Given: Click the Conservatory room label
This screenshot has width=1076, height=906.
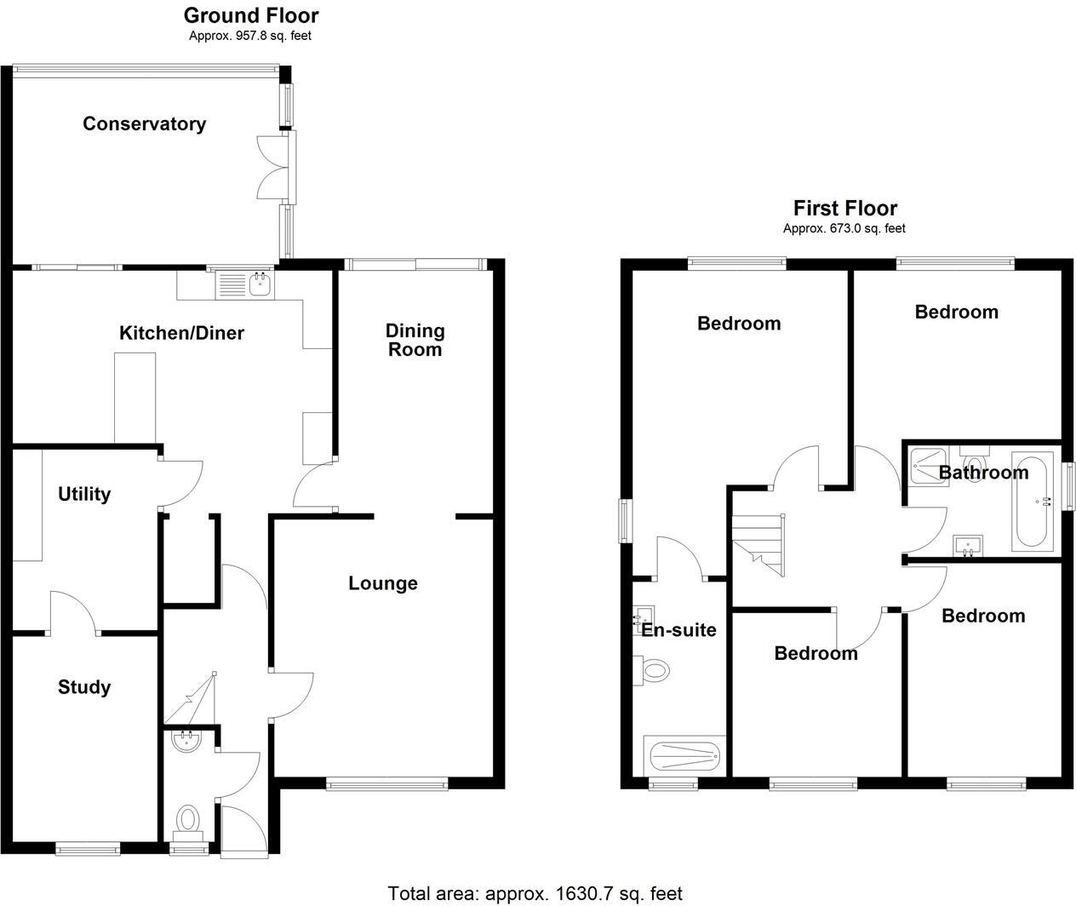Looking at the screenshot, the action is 144,124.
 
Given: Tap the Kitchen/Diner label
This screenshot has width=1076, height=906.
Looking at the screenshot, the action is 181,333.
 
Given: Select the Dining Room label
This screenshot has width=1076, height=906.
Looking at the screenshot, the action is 415,340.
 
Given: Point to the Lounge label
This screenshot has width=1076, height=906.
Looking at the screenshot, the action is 383,583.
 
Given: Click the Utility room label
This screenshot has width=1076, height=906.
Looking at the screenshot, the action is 84,494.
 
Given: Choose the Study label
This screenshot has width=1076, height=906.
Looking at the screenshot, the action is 84,687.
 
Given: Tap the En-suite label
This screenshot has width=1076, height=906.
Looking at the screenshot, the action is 678,630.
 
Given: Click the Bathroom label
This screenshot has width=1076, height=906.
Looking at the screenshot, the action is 983,473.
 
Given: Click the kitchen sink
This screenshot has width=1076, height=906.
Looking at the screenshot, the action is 244,284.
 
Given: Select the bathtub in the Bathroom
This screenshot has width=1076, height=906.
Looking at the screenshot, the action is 1033,502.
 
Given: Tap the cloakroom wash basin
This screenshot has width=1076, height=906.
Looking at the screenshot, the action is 186,743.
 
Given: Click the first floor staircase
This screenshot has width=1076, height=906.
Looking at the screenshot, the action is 759,545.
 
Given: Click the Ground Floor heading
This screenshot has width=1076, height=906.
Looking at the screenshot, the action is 251,15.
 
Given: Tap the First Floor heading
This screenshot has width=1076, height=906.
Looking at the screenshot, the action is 845,208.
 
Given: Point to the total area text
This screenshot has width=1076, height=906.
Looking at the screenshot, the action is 535,893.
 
